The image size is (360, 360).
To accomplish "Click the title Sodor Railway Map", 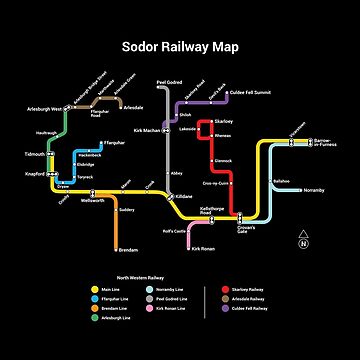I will (x=180, y=47).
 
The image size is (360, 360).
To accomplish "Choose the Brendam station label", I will (x=129, y=249).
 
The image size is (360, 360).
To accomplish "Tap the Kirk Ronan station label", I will (x=205, y=248).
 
